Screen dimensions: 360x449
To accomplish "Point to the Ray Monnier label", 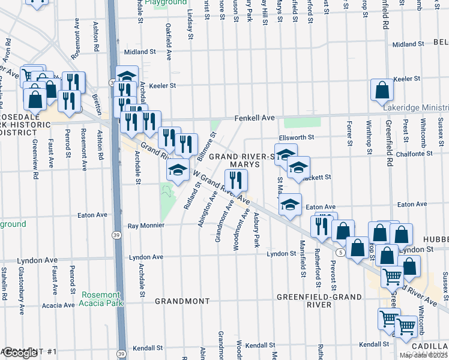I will [146, 226].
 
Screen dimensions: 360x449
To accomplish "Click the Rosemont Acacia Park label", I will [102, 299].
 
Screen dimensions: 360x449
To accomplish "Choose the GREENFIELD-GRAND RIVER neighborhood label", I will [319, 301].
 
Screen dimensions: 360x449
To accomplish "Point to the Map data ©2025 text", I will [423, 355].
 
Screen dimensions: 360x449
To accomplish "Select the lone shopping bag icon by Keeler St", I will [382, 91].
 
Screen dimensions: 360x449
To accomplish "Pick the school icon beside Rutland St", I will [178, 171].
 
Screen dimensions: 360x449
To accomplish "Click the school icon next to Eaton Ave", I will [290, 206].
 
